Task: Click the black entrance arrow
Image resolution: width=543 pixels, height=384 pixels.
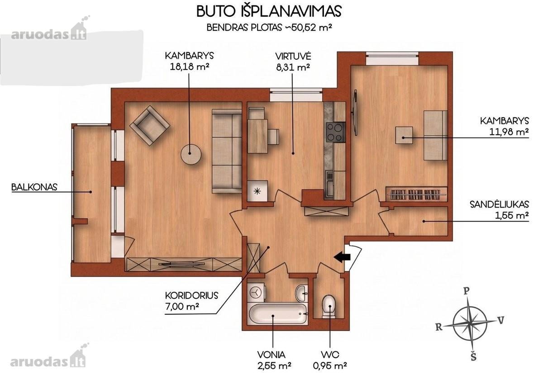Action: [x=342, y=257]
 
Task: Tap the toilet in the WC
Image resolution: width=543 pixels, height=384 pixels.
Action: [x=329, y=307]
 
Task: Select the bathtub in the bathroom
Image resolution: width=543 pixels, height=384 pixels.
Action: [x=278, y=314]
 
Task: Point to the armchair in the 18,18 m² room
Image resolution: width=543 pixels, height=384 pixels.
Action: [x=150, y=125]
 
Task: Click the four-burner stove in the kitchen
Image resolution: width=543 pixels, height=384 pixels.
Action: [x=335, y=132]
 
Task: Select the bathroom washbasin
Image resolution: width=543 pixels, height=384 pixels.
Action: [x=301, y=293]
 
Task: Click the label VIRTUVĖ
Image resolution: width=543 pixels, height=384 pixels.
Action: [x=293, y=57]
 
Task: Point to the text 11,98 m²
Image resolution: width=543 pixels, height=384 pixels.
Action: [x=509, y=132]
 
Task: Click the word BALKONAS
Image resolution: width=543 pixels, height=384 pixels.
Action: [x=34, y=187]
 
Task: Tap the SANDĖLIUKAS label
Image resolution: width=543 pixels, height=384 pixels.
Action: [x=500, y=204]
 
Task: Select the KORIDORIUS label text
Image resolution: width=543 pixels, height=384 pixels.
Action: [x=191, y=295]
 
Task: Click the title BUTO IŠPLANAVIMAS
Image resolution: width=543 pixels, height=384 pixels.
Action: [x=269, y=11]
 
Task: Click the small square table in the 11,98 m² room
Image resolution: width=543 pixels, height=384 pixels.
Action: [x=404, y=135]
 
